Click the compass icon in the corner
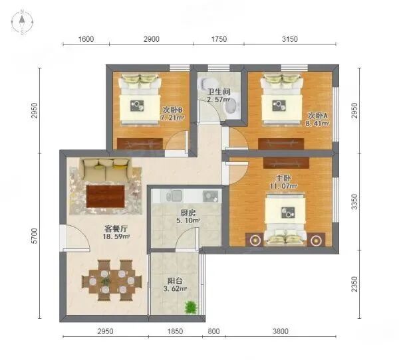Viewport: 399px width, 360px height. click(x=23, y=23)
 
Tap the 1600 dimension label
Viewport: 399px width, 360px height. click(x=86, y=39)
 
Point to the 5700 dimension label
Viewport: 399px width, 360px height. click(x=34, y=235)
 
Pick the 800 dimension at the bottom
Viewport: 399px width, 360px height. click(x=213, y=331)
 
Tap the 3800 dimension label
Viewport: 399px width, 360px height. click(x=279, y=331)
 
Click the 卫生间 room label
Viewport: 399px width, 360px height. click(x=218, y=92)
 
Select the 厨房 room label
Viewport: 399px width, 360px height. click(x=188, y=213)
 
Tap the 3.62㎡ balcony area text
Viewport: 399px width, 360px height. click(x=175, y=290)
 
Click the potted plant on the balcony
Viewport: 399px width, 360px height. click(x=192, y=307)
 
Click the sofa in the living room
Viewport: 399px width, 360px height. click(x=104, y=167)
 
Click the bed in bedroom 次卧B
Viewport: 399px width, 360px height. click(x=140, y=98)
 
